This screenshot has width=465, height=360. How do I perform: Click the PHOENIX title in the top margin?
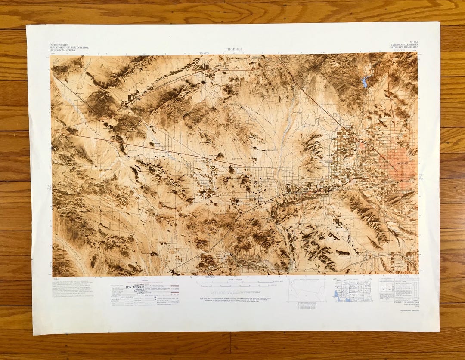(x=234, y=49)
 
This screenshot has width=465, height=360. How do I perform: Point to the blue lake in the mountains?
(x=365, y=81)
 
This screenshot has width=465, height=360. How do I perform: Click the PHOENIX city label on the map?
(x=404, y=163)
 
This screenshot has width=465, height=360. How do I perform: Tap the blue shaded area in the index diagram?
(x=337, y=294)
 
